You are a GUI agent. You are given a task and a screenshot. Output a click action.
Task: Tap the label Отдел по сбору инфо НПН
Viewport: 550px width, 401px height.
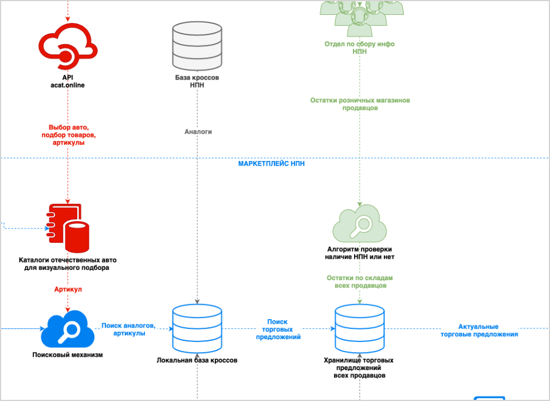pos(360,48)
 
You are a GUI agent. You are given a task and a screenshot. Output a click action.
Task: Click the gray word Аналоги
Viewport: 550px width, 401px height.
pos(198,132)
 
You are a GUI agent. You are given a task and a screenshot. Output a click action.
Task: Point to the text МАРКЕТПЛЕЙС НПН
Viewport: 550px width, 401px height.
pos(272,164)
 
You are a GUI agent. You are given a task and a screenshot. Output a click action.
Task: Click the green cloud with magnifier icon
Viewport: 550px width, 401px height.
pos(360,225)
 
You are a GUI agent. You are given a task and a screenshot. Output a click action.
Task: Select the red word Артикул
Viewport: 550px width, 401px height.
pos(68,289)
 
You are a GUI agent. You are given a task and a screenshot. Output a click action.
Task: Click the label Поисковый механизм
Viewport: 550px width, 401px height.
pos(68,355)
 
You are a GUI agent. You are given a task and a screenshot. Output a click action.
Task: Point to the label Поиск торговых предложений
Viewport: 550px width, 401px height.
pos(277,329)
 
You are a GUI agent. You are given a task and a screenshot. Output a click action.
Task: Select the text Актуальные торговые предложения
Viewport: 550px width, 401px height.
pos(479,331)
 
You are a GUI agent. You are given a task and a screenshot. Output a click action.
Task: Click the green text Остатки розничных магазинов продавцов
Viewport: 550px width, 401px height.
pos(360,104)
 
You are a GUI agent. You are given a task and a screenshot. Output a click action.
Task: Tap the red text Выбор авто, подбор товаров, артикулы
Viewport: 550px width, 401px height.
pos(68,135)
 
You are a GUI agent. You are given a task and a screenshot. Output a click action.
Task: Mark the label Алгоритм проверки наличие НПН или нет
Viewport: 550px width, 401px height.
pos(360,253)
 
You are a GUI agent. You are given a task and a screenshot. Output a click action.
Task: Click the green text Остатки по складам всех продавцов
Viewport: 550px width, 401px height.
pos(360,281)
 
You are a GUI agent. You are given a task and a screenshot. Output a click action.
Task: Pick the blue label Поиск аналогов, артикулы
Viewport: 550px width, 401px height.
pos(128,329)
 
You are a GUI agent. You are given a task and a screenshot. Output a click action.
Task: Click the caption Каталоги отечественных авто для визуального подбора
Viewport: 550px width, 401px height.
pos(68,264)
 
